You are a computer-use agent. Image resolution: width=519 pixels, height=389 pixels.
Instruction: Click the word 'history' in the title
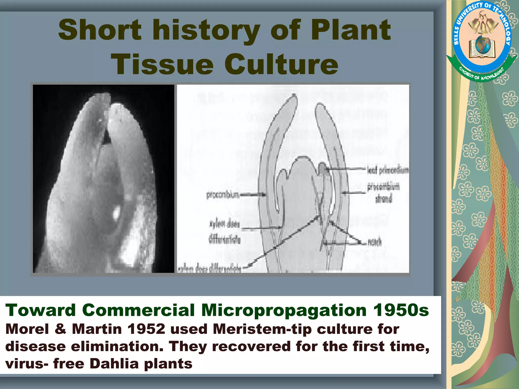click(x=207, y=30)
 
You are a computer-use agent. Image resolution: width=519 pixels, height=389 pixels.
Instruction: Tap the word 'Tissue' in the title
click(x=162, y=64)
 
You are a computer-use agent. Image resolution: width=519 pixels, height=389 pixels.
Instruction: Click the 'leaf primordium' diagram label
click(x=388, y=170)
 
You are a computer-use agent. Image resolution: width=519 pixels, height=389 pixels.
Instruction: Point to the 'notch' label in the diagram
click(x=375, y=242)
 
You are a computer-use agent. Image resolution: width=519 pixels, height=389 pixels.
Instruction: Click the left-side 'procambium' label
click(x=223, y=195)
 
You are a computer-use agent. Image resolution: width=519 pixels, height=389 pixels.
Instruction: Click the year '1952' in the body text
click(x=146, y=329)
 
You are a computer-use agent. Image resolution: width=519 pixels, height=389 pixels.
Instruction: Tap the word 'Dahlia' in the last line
click(x=114, y=364)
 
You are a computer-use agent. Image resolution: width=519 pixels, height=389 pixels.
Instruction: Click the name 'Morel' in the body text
click(x=27, y=329)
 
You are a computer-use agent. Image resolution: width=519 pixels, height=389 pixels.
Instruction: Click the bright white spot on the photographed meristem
click(x=116, y=213)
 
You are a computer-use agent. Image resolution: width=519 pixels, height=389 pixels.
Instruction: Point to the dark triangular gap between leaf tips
click(x=106, y=139)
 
